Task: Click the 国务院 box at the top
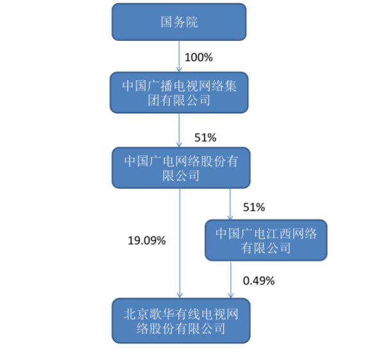(x=179, y=22)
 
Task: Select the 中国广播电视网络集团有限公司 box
(x=179, y=92)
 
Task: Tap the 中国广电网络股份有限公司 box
(x=181, y=168)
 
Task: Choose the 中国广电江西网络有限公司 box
(x=266, y=240)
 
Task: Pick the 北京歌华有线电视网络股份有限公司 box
(x=181, y=321)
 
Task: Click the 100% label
(x=199, y=58)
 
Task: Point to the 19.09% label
(x=147, y=241)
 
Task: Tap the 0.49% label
(x=259, y=281)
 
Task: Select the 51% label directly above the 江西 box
(x=254, y=208)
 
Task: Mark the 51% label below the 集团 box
(x=205, y=138)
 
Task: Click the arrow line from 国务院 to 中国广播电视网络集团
(x=179, y=56)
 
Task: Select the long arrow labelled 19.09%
(x=180, y=243)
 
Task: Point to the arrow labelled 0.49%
(x=231, y=279)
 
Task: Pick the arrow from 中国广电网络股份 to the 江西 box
(x=230, y=204)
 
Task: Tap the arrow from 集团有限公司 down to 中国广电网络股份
(x=179, y=130)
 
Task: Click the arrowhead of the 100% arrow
(x=179, y=69)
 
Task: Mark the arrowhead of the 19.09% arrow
(x=180, y=295)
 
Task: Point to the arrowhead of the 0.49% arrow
(x=231, y=295)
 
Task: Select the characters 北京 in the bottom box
(x=136, y=315)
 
